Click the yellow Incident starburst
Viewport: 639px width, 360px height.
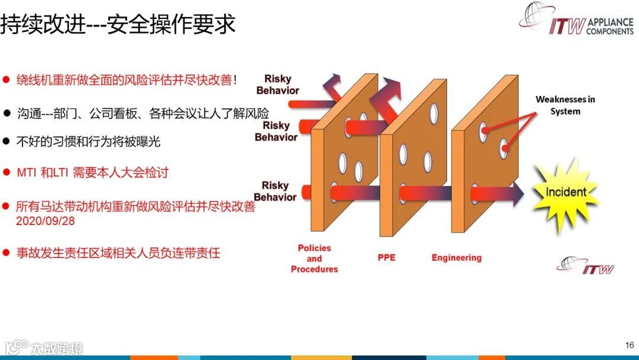(x=566, y=192)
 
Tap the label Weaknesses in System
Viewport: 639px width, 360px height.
(x=565, y=105)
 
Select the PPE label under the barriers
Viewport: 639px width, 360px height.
(x=386, y=258)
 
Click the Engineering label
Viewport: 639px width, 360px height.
(x=456, y=258)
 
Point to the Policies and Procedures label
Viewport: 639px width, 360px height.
(x=314, y=259)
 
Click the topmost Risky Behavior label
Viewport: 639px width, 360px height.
(x=277, y=85)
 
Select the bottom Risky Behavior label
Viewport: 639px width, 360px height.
(x=275, y=191)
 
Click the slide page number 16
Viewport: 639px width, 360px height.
(x=629, y=345)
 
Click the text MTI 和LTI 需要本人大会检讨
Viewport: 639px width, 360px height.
(x=93, y=172)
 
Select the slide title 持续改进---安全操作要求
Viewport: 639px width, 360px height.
(x=118, y=24)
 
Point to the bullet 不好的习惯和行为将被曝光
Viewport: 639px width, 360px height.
(x=88, y=142)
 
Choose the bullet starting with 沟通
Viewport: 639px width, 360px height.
(x=143, y=113)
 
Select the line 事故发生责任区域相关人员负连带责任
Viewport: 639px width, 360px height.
(x=118, y=253)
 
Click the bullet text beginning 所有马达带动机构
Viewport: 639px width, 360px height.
(x=135, y=207)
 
